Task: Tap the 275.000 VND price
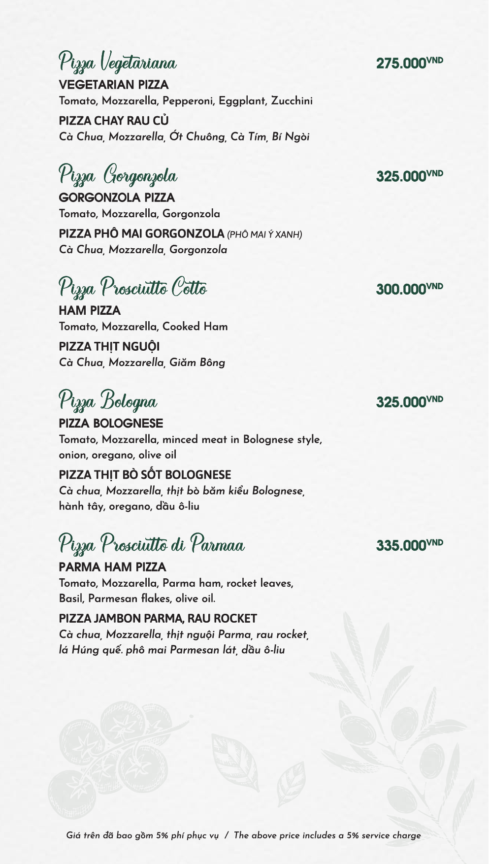tap(409, 63)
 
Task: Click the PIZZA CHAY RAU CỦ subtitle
tap(114, 121)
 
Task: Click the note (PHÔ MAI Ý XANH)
tap(264, 234)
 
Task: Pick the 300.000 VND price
tap(409, 289)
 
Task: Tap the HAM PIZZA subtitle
tap(90, 311)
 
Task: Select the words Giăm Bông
tap(197, 363)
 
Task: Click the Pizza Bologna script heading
tap(108, 401)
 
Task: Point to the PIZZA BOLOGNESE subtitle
tap(111, 424)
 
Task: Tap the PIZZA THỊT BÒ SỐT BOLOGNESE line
tap(145, 475)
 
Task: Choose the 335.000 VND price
tap(409, 545)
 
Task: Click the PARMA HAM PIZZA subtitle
tap(112, 567)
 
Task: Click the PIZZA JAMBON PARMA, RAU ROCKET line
tap(158, 619)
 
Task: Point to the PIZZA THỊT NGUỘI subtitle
tap(109, 347)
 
